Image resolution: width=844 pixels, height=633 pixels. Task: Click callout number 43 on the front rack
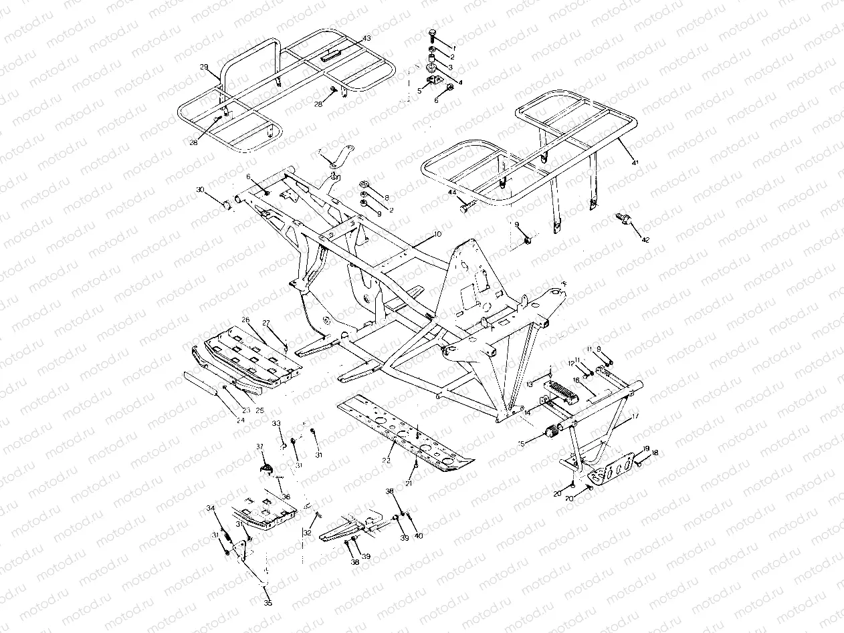[367, 37]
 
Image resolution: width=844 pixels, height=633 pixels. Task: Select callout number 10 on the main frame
[437, 235]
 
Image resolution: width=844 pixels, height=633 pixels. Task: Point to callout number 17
[635, 416]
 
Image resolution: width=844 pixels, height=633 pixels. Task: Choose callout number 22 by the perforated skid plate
[387, 461]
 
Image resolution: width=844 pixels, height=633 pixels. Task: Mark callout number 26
[245, 320]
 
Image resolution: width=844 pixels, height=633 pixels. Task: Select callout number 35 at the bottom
[268, 604]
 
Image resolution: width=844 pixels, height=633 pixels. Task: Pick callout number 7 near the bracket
[320, 151]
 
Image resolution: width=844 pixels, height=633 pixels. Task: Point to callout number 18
[655, 453]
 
